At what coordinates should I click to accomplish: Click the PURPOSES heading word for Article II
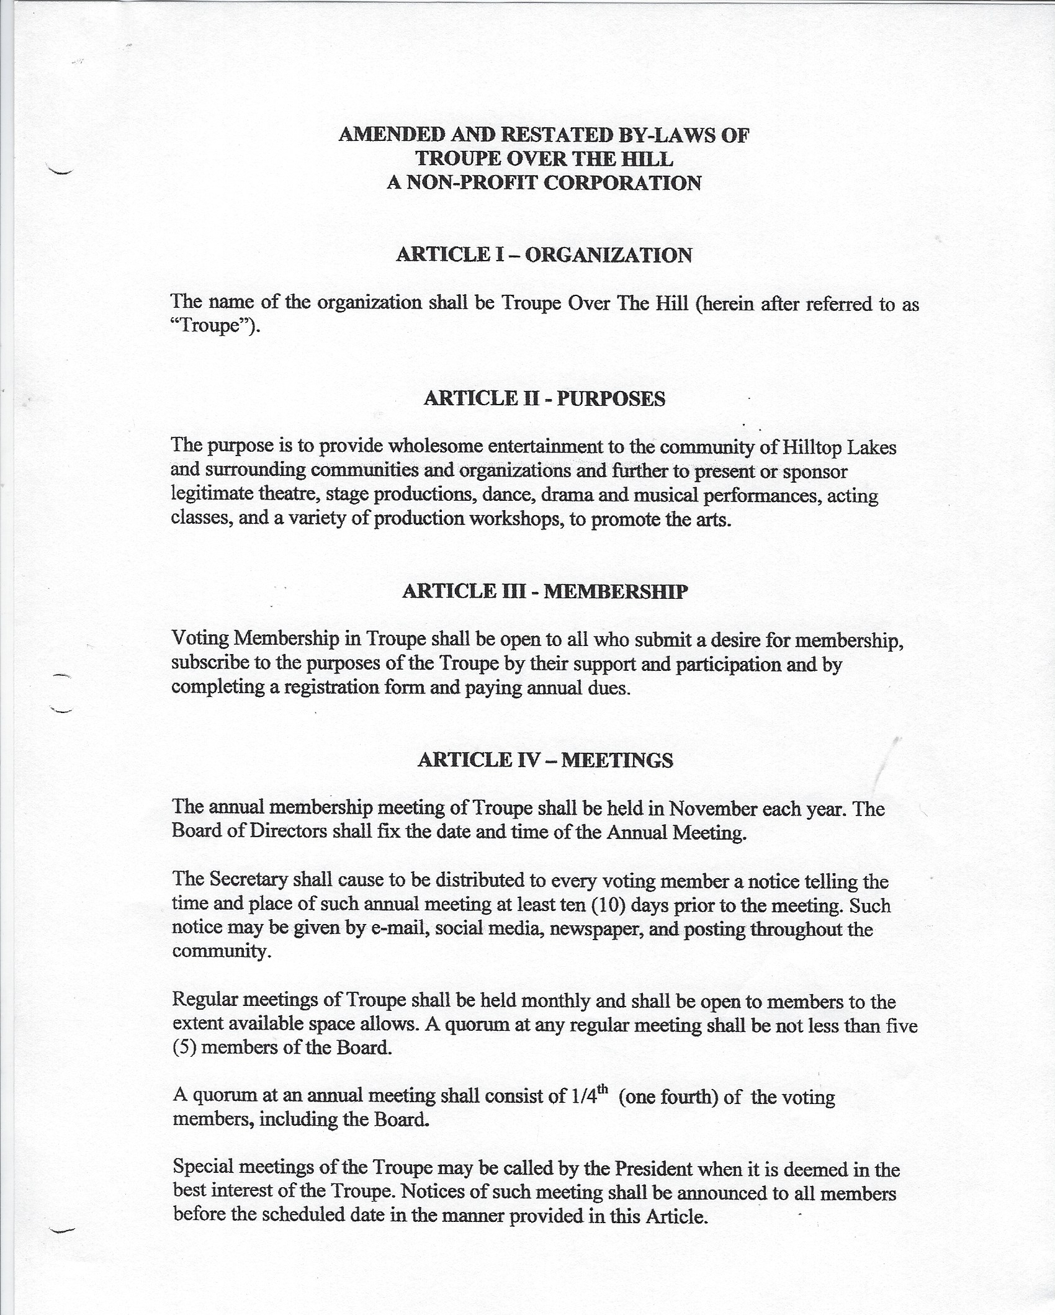(x=611, y=398)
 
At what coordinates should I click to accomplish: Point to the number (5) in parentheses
(x=184, y=1049)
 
